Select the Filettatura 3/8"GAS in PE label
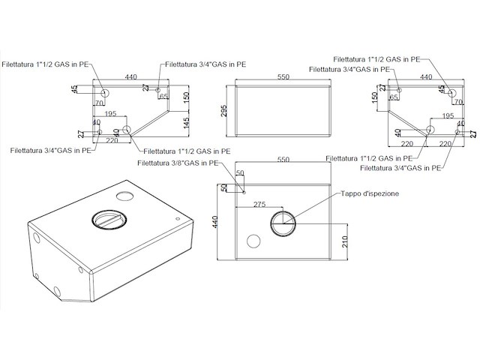tap(178, 162)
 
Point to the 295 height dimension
tap(223, 110)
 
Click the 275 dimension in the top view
tap(259, 204)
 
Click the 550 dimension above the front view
tap(283, 77)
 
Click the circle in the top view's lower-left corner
tap(253, 241)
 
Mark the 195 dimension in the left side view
tap(111, 114)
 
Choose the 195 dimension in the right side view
tap(448, 116)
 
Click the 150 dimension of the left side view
tap(187, 96)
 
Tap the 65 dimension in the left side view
tap(163, 97)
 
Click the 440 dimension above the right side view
tap(427, 77)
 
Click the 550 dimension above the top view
tap(283, 160)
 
